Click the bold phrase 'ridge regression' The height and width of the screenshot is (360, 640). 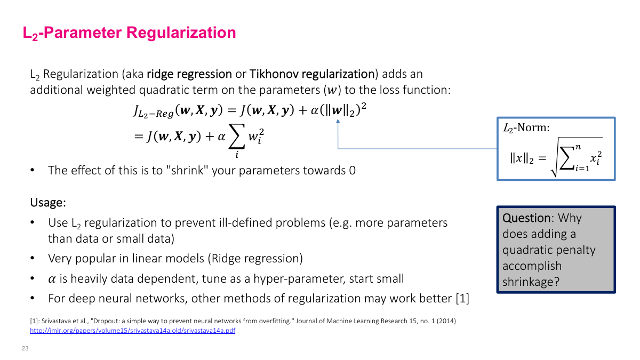189,74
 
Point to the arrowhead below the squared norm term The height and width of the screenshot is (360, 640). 338,123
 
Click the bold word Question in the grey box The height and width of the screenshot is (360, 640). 526,218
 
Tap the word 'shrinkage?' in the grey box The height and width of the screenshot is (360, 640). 531,282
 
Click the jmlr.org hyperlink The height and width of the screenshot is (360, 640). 132,331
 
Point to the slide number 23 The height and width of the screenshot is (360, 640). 25,348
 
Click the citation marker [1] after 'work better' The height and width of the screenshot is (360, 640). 462,299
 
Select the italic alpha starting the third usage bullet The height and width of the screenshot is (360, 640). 52,279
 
